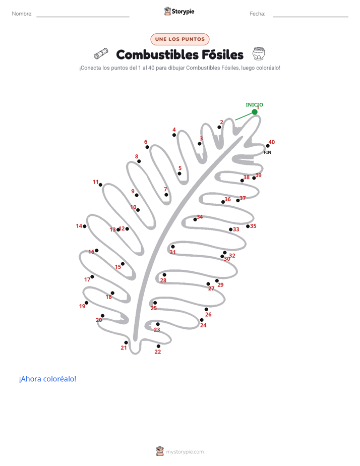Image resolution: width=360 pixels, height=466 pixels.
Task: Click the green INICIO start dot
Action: point(255,112)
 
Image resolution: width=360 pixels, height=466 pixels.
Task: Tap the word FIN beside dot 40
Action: point(267,152)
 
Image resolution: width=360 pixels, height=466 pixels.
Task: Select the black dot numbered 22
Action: point(158,346)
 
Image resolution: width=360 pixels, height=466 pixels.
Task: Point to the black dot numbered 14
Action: point(85,226)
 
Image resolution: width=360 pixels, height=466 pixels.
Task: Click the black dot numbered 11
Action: point(100,185)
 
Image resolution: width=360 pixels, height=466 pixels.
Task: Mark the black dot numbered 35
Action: point(248,226)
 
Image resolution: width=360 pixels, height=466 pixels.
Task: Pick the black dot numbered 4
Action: point(174,135)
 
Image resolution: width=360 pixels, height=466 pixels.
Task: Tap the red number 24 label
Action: point(203,325)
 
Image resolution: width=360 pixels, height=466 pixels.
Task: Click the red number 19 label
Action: point(82,306)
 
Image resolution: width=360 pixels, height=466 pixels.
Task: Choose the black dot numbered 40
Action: point(268,146)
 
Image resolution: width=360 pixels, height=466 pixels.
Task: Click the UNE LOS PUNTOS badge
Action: point(180,39)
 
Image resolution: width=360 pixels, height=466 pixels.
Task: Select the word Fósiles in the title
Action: point(222,54)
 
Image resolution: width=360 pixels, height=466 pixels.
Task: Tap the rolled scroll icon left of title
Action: point(101,53)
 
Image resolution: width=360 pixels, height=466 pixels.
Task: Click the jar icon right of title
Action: point(259,53)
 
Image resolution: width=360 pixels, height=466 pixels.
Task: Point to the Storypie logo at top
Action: point(179,11)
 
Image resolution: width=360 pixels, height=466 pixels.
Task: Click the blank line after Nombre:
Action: point(83,17)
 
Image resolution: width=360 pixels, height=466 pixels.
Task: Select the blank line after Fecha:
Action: point(311,17)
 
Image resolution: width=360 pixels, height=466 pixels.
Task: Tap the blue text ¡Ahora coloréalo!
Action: point(47,379)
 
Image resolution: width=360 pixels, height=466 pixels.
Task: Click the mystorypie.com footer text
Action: point(185,452)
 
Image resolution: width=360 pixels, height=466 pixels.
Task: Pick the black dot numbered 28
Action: point(164,275)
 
